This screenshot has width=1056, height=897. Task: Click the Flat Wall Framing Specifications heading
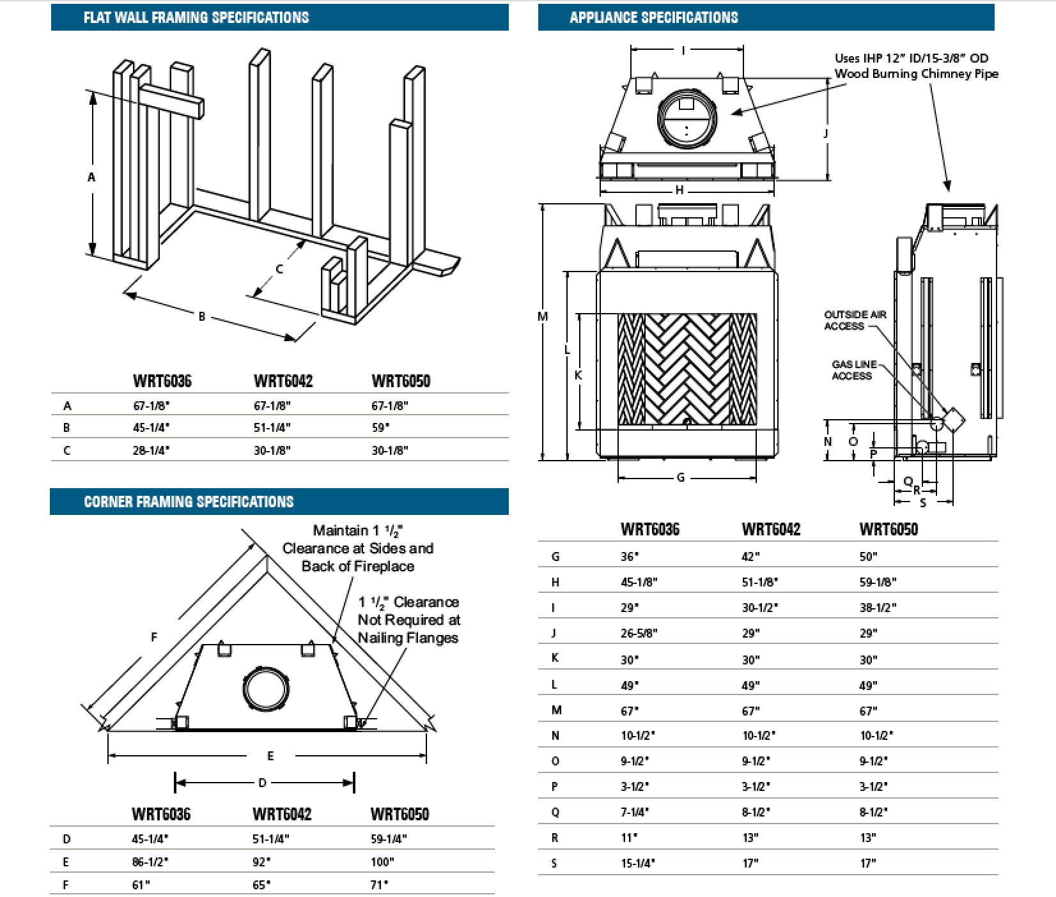(196, 17)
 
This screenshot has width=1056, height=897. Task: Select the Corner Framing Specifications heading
(189, 502)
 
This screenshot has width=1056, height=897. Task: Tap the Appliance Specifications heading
(653, 17)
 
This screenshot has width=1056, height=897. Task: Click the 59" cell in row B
(381, 427)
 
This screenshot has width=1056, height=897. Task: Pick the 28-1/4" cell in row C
(151, 450)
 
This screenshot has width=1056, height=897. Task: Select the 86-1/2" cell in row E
(150, 862)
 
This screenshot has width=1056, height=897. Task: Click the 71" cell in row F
(379, 885)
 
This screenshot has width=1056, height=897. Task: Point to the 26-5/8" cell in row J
(639, 633)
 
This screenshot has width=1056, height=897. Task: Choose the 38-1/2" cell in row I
(878, 608)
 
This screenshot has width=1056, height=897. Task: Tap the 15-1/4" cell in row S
(637, 863)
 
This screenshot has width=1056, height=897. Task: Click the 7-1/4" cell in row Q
(635, 812)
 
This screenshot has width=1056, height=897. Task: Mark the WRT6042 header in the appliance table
(771, 529)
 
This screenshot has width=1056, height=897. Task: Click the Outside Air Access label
(855, 320)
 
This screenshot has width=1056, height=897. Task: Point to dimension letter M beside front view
(543, 316)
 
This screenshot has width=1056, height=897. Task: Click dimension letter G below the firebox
(680, 477)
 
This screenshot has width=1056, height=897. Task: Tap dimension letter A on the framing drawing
(91, 177)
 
